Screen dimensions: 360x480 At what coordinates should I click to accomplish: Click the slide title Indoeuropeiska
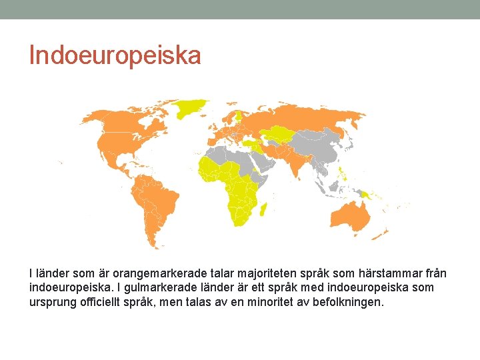(x=115, y=55)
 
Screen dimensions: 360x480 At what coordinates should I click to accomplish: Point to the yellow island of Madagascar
(x=265, y=209)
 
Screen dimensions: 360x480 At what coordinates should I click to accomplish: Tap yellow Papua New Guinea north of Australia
(x=367, y=195)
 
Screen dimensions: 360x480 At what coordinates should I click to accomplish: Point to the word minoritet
(x=303, y=301)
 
